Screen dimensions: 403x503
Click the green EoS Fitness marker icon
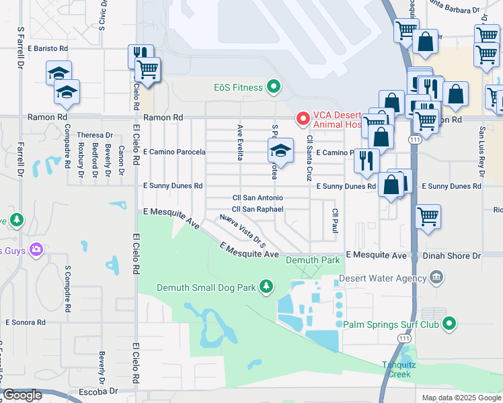tap(273, 86)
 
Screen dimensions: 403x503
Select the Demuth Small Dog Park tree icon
tap(266, 287)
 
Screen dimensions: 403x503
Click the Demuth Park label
tap(313, 260)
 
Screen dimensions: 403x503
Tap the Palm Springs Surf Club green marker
tap(449, 324)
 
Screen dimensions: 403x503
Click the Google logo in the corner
tap(22, 395)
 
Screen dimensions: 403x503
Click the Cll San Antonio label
tap(257, 198)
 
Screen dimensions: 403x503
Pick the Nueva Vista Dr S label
tap(243, 229)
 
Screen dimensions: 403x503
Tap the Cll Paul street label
tap(334, 221)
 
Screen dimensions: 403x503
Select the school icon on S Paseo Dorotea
tap(280, 151)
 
